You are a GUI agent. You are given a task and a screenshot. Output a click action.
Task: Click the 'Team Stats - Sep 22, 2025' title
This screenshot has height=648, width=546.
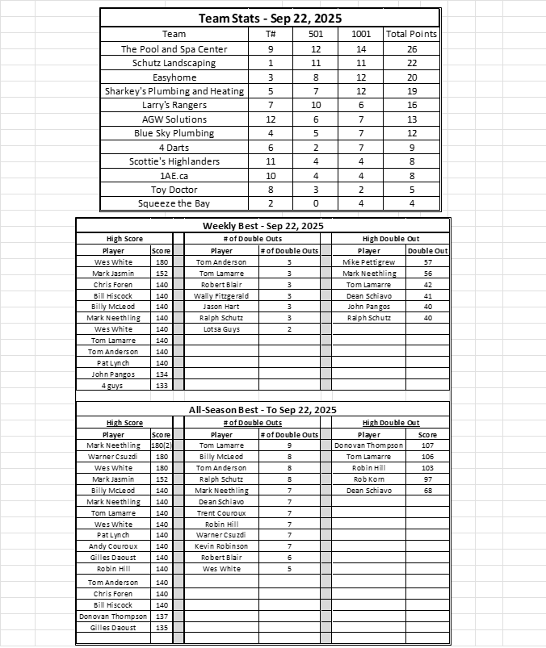point(271,19)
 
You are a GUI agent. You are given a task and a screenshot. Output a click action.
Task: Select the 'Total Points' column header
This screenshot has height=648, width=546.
point(411,34)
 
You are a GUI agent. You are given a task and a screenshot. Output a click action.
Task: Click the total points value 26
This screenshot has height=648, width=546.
point(411,48)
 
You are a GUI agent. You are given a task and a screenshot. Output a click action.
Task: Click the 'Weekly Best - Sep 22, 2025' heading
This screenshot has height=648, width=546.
point(262,226)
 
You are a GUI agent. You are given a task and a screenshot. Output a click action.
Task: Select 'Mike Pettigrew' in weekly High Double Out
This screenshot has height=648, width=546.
point(369,262)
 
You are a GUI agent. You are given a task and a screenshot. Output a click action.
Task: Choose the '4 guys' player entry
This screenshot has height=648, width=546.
point(113,386)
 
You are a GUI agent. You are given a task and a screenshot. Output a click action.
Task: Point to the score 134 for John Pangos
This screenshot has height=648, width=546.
point(161,374)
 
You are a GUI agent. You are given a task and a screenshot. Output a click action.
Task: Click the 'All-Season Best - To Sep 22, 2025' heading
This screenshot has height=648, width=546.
point(262,410)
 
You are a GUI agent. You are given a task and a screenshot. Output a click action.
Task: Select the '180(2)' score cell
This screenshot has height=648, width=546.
point(161,445)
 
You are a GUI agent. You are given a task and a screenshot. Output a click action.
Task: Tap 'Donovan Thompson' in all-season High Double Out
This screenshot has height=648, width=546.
point(369,445)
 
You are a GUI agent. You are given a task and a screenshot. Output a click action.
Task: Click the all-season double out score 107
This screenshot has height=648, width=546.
point(427,445)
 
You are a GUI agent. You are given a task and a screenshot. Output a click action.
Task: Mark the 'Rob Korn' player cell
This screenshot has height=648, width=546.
point(369,479)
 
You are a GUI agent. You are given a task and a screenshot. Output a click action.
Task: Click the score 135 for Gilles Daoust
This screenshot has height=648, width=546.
point(161,627)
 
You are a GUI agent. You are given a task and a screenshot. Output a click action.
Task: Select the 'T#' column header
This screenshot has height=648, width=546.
point(271,34)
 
